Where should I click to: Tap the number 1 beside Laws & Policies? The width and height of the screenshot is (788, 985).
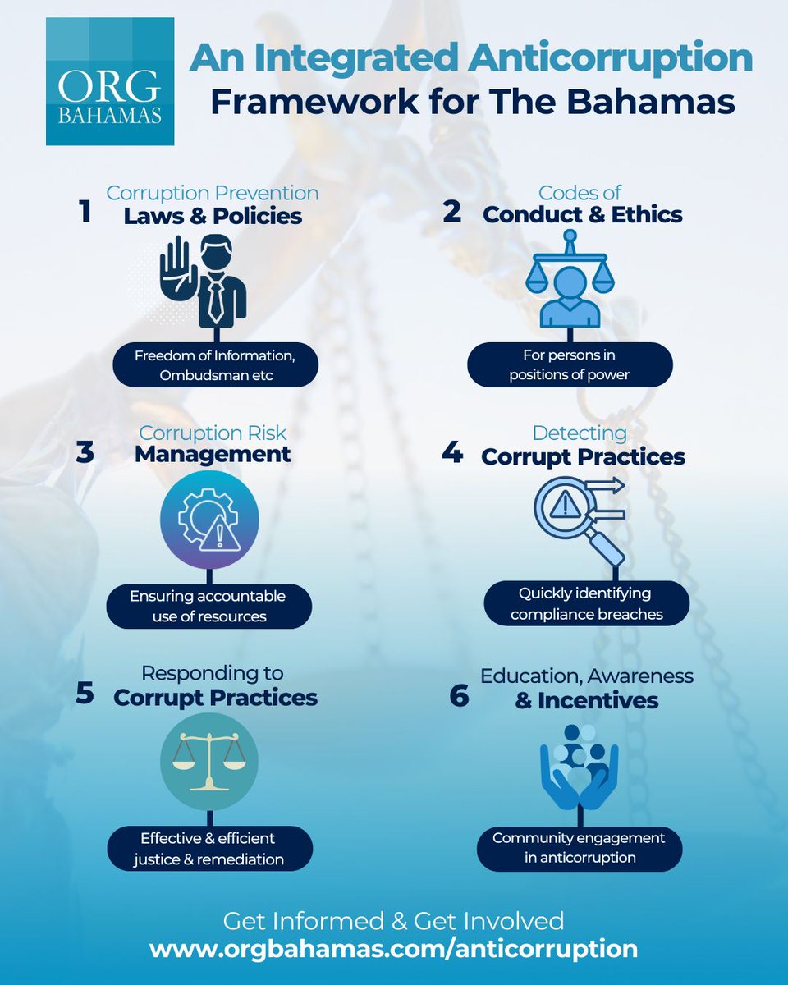tap(85, 212)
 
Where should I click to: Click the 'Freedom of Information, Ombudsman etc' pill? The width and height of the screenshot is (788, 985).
tap(215, 365)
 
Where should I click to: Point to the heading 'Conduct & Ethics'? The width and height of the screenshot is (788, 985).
tap(582, 215)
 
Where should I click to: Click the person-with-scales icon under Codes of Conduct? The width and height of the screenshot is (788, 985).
tap(569, 283)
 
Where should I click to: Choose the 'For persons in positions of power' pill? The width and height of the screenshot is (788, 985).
tap(570, 365)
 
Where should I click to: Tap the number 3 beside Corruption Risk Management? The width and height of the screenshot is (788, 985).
tap(85, 454)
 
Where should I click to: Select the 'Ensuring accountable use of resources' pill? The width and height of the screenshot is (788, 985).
tap(208, 606)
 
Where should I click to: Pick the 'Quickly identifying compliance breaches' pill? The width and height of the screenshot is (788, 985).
tap(585, 603)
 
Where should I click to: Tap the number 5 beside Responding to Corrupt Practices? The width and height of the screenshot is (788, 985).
tap(85, 694)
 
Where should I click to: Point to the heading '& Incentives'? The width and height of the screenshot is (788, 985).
tap(587, 701)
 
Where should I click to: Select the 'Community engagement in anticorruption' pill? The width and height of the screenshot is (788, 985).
tap(579, 848)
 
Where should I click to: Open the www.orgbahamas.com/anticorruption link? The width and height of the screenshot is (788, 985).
tap(394, 949)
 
